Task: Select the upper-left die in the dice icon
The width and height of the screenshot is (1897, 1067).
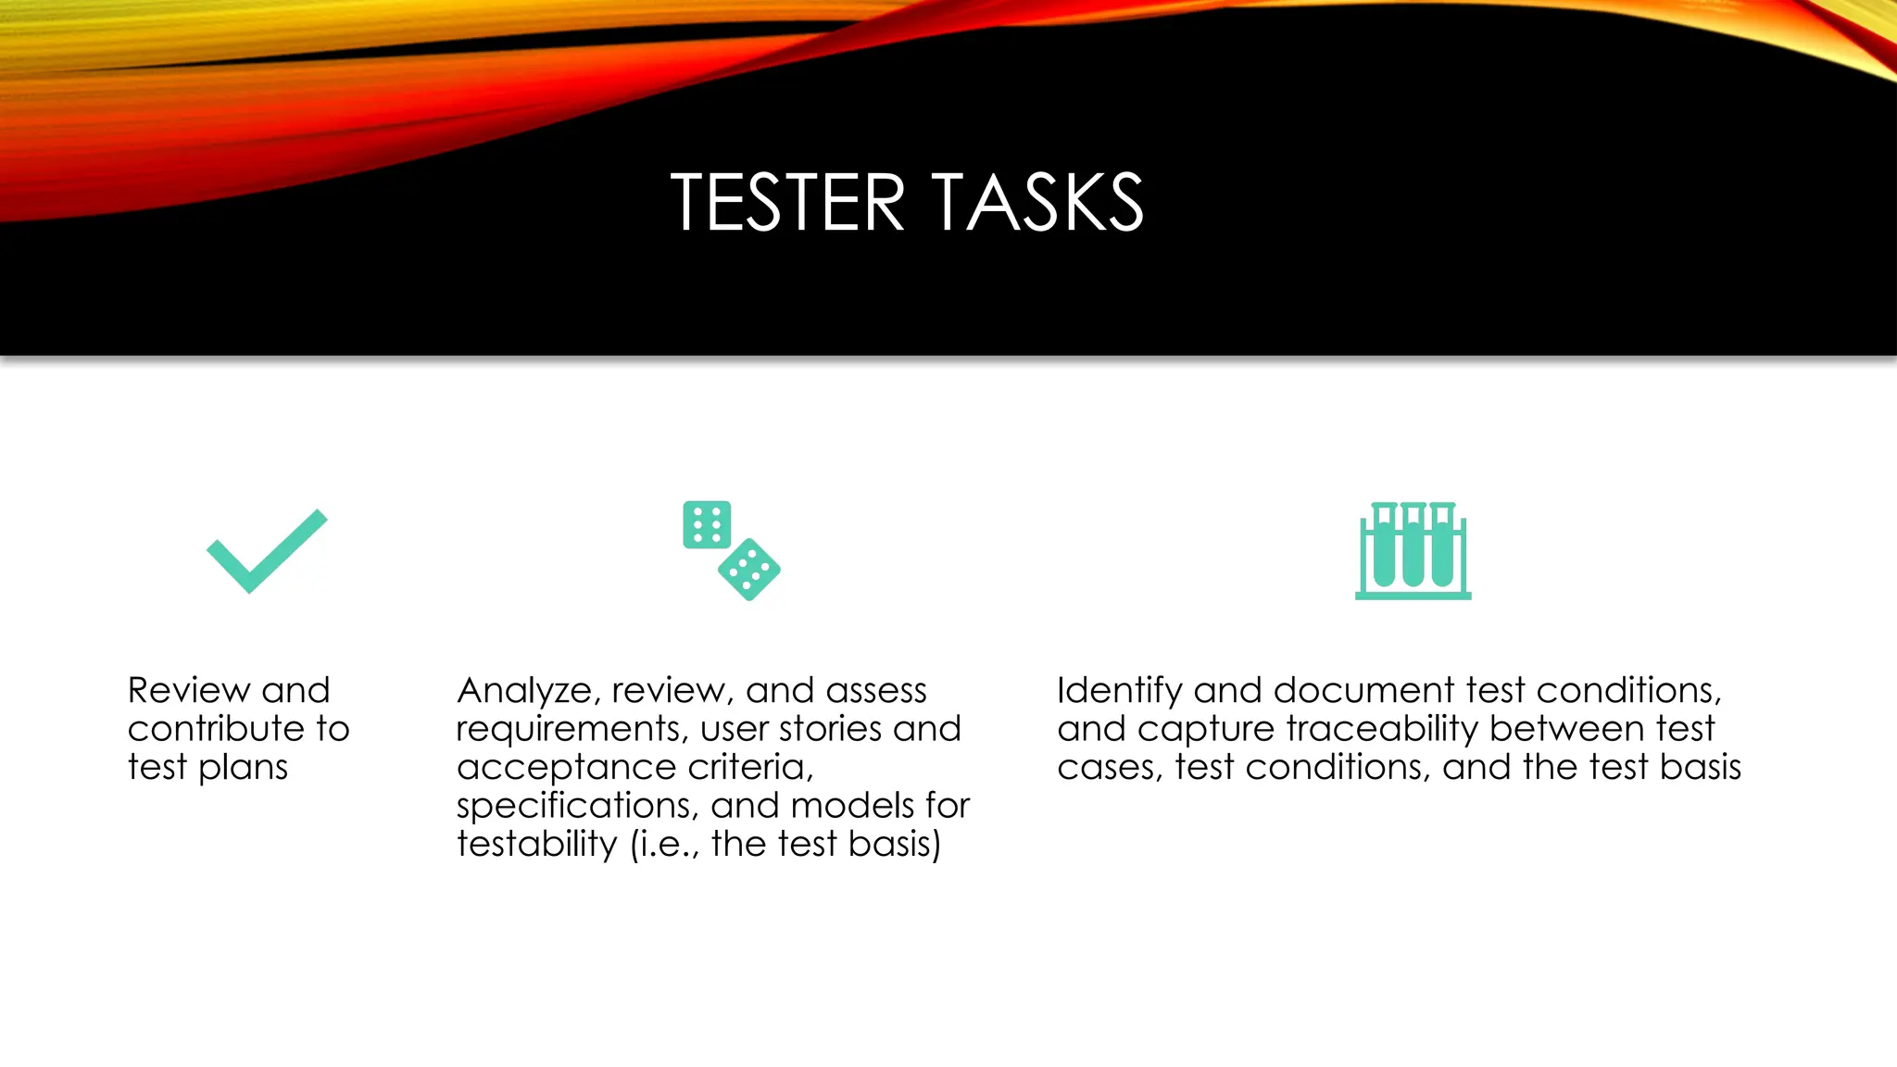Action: pos(707,524)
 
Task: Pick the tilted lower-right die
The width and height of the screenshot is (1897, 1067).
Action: pos(749,570)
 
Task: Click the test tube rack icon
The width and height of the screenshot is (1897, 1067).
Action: pos(1413,550)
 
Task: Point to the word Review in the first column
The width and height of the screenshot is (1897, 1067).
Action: pos(189,690)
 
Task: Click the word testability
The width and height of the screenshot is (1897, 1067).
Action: pos(536,845)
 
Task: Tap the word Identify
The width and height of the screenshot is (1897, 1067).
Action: pos(1119,691)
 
